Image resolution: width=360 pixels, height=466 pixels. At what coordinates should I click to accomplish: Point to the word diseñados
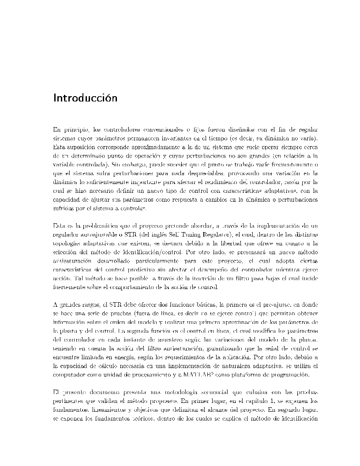239,130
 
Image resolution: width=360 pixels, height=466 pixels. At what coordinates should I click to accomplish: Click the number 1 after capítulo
274,400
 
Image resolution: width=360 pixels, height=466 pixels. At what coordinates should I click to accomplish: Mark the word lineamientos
105,409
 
